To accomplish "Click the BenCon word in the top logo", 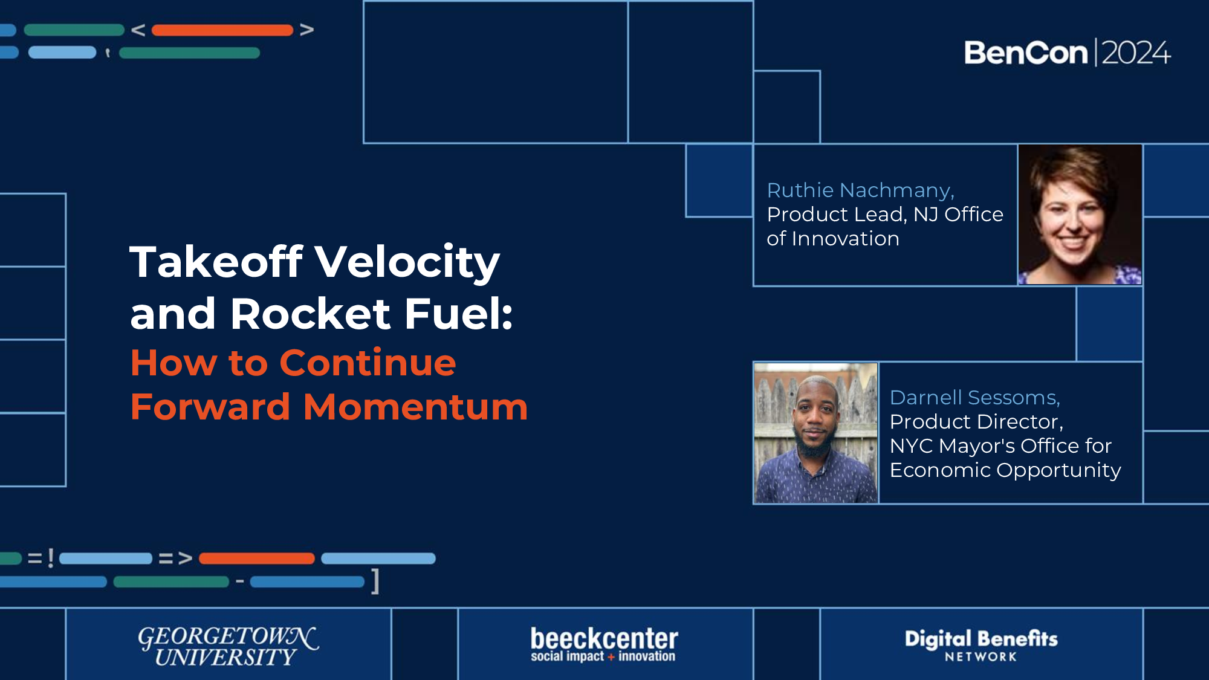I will tap(1026, 53).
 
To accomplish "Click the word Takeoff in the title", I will tap(216, 262).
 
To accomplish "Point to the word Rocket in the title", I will tap(311, 314).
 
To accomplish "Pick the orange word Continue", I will tap(368, 363).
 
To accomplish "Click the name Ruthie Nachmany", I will tap(860, 190).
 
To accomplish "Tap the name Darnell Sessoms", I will tap(974, 398).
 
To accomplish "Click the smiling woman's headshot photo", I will tap(1080, 215).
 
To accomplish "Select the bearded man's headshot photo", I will tap(815, 433).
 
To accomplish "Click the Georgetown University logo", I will tap(228, 646).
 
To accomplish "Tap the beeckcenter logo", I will tap(604, 644).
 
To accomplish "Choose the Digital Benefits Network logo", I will tap(981, 645).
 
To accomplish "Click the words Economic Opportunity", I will tap(1005, 470).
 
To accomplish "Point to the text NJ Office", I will tap(958, 215).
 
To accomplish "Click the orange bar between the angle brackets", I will tap(222, 30).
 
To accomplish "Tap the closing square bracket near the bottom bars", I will tap(375, 581).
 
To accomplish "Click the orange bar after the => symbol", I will tap(256, 559).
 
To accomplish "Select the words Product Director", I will tap(976, 422).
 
